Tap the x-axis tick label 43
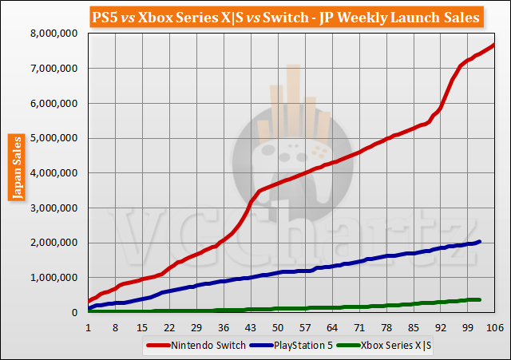coord(250,327)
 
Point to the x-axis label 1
coord(88,327)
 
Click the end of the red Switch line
coord(494,44)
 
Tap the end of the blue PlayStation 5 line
coord(479,241)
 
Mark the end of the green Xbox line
coord(479,299)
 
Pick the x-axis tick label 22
coord(168,327)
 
